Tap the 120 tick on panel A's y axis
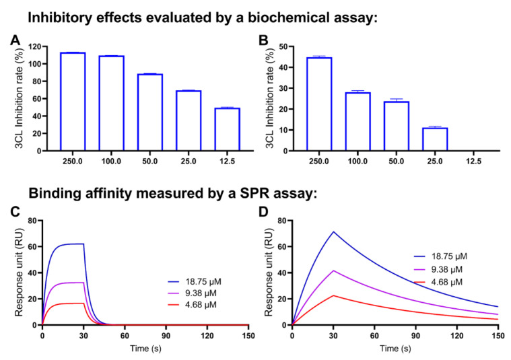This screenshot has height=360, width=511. (34, 47)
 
